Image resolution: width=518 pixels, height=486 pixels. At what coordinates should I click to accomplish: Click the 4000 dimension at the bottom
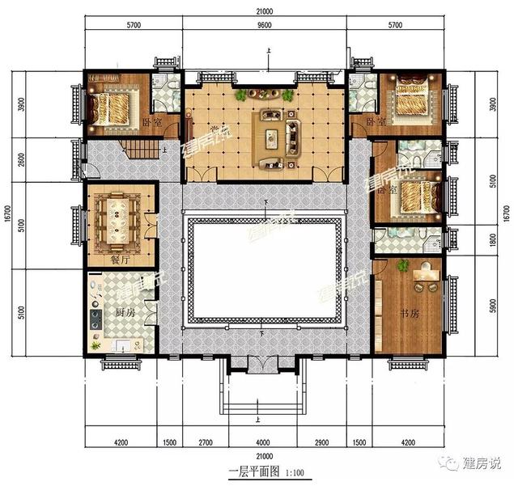pyautogui.click(x=265, y=443)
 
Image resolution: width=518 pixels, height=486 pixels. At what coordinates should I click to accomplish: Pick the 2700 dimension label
pyautogui.click(x=206, y=443)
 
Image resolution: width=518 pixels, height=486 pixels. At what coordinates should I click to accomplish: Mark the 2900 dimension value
pyautogui.click(x=321, y=443)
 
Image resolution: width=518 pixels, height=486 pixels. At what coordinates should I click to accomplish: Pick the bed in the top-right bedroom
pyautogui.click(x=414, y=97)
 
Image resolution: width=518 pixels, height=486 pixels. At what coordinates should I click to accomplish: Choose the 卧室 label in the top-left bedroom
pyautogui.click(x=151, y=124)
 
